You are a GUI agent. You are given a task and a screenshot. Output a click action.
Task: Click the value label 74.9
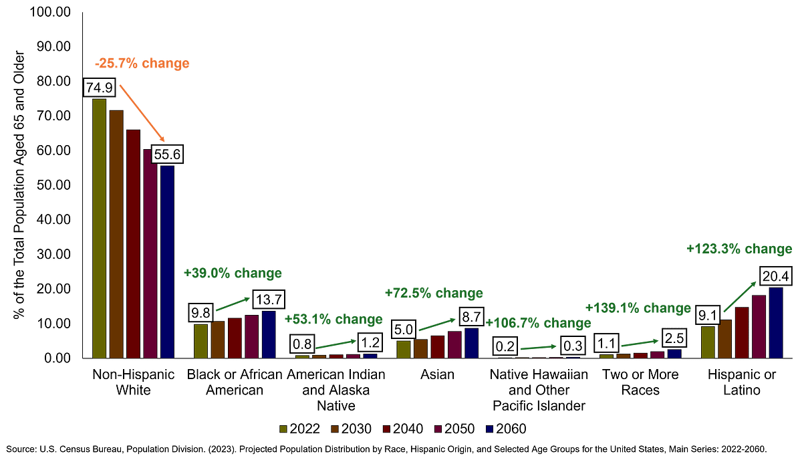tap(99, 88)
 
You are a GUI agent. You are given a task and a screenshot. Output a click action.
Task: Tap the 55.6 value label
tap(166, 154)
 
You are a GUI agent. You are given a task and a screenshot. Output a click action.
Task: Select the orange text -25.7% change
tap(141, 64)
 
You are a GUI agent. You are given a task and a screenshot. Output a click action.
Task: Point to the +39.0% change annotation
tap(232, 273)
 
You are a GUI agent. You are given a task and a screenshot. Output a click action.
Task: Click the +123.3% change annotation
tap(739, 249)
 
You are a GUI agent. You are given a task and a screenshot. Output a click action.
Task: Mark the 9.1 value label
tap(708, 314)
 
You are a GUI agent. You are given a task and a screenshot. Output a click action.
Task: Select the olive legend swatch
tap(283, 429)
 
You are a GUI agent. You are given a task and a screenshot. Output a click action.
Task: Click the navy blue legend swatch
tap(490, 429)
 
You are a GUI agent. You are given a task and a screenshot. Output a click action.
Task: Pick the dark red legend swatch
tap(386, 429)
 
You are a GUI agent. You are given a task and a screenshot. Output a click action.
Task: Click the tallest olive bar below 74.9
tap(99, 227)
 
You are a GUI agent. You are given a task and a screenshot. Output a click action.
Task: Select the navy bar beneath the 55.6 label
tap(167, 261)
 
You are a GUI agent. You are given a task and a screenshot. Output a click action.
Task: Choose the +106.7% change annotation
tap(538, 323)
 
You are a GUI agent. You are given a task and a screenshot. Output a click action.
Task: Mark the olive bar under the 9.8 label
tap(200, 341)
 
